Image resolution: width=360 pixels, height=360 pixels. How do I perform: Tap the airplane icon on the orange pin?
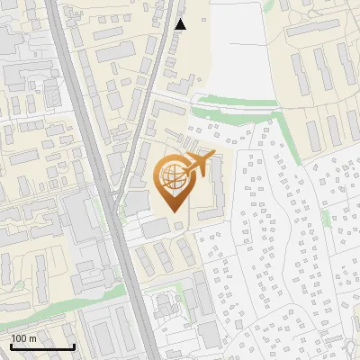(x=197, y=166)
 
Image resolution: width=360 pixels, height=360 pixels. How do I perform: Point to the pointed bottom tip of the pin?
(x=175, y=212)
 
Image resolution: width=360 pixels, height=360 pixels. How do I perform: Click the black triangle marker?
(x=180, y=24)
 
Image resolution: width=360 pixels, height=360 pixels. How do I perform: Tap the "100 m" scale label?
(x=24, y=338)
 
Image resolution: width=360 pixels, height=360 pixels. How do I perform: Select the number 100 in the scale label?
(x=20, y=338)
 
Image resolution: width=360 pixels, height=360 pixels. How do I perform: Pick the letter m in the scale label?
(x=34, y=338)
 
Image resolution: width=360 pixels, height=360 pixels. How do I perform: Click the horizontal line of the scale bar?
(x=41, y=347)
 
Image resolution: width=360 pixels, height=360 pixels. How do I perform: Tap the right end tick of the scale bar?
(x=74, y=345)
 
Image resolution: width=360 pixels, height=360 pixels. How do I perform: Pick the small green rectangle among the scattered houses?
(x=325, y=218)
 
